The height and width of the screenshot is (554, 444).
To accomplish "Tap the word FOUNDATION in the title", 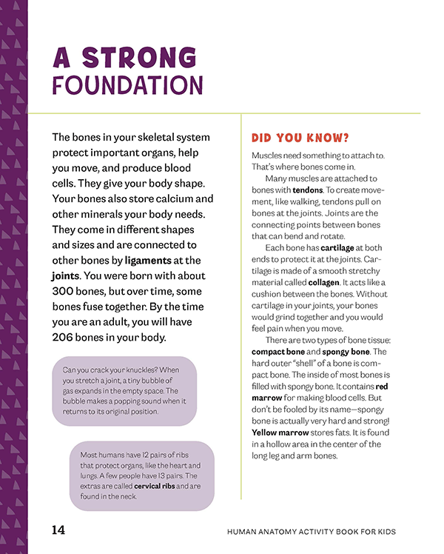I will [x=127, y=86].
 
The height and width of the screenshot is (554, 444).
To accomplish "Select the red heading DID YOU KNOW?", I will [x=300, y=138].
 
